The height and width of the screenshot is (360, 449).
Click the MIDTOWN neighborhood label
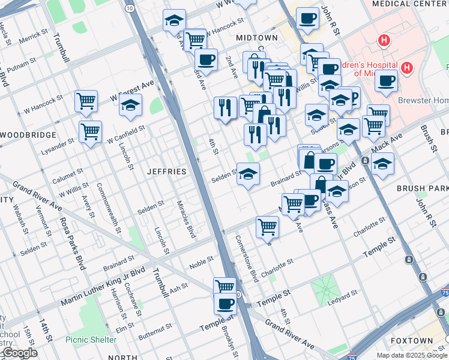256,37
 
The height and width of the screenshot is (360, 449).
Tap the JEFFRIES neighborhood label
167,172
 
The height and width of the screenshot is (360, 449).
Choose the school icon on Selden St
248,174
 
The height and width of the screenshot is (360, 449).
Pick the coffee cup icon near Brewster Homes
386,80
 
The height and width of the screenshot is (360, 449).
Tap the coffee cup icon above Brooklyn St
226,303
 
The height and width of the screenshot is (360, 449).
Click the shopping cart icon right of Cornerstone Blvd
267,227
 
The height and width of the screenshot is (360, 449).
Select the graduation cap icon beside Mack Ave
382,164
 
